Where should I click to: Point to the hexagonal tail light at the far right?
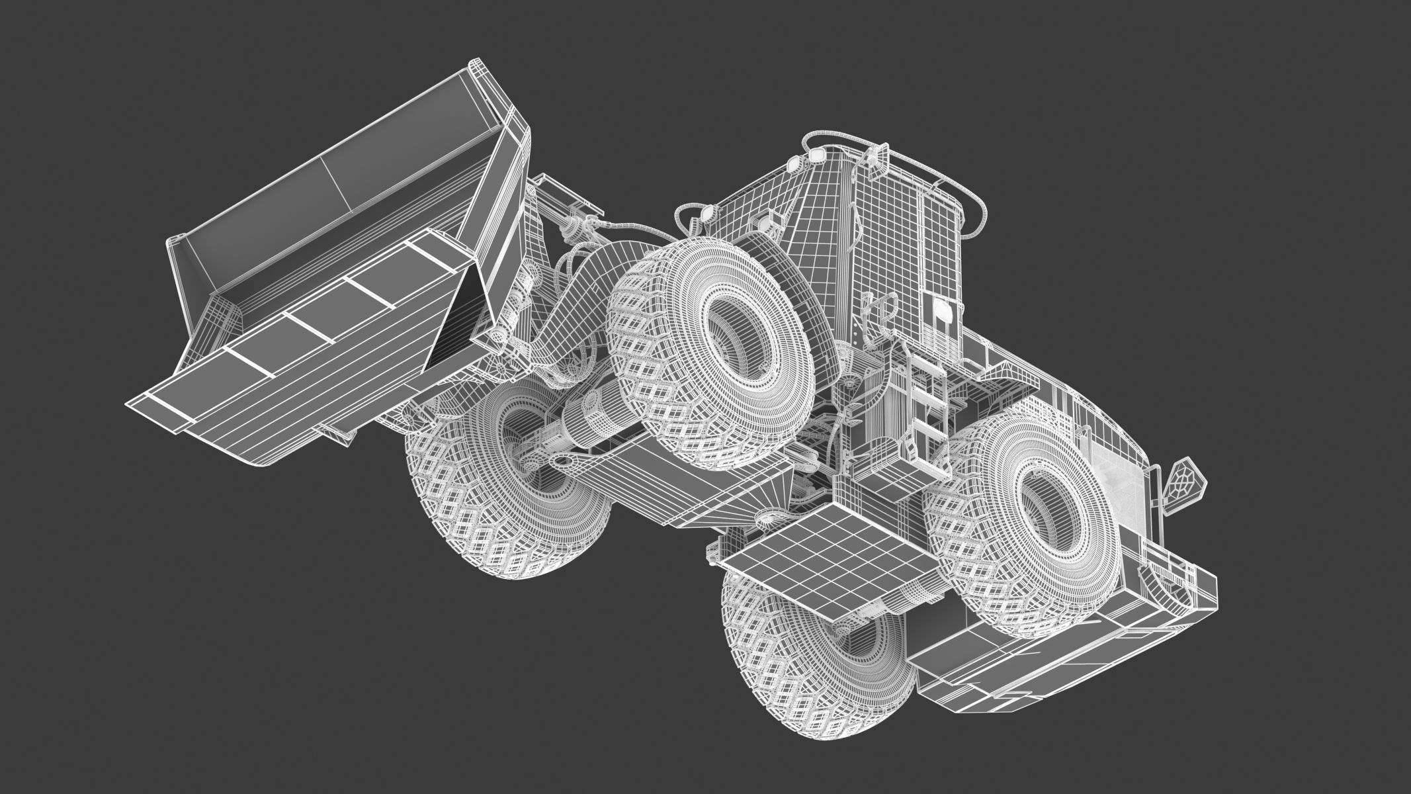pyautogui.click(x=1182, y=486)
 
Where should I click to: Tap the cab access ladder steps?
pyautogui.click(x=926, y=410)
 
